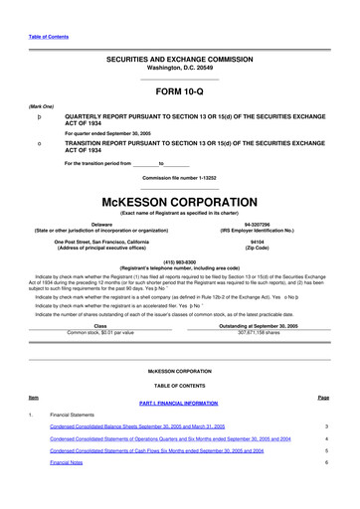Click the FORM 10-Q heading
click(179, 90)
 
